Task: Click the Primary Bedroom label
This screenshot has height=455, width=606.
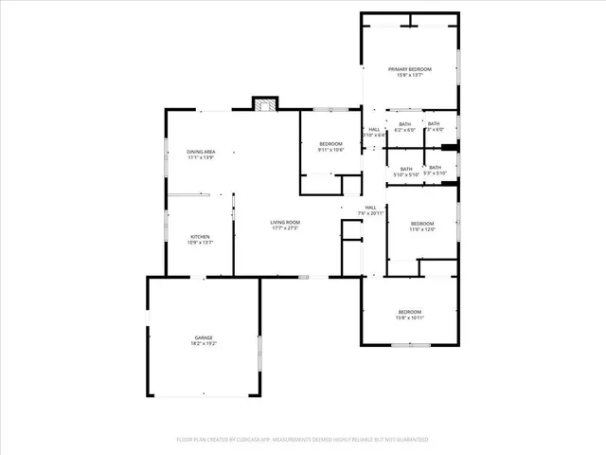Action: coord(409,69)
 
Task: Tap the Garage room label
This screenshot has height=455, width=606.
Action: coord(204,337)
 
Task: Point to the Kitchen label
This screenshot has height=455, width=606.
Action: coord(200,236)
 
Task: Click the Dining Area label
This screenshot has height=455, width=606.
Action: coord(201,152)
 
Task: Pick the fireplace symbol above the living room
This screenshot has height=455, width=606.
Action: coord(264,103)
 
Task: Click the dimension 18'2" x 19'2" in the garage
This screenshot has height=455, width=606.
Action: coord(204,343)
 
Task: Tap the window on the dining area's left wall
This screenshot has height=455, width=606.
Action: coord(167,152)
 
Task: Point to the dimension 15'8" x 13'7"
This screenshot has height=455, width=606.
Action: coord(409,76)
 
